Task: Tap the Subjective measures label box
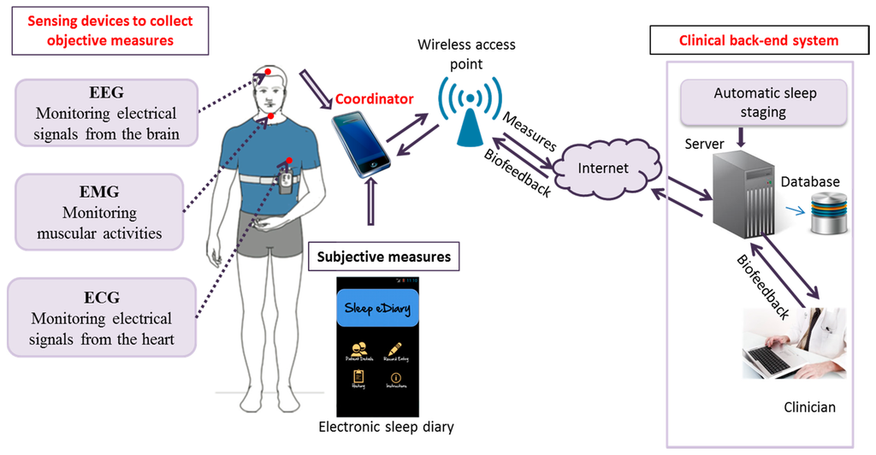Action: (x=383, y=256)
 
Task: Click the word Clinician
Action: (x=809, y=408)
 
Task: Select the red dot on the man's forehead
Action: (x=268, y=71)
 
